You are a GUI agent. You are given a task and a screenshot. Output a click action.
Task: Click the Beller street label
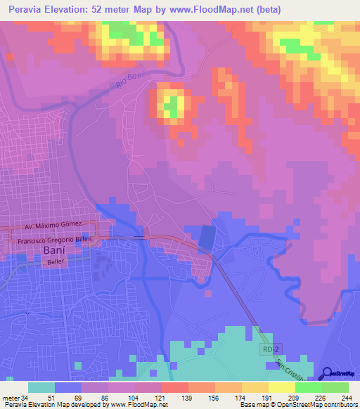56,262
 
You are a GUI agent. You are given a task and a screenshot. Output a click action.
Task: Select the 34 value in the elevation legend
27,397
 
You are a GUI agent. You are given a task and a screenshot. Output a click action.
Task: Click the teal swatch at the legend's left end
41,387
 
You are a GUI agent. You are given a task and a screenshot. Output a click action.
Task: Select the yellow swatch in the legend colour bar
281,387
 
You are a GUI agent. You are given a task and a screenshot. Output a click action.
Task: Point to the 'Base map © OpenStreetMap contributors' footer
297,405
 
